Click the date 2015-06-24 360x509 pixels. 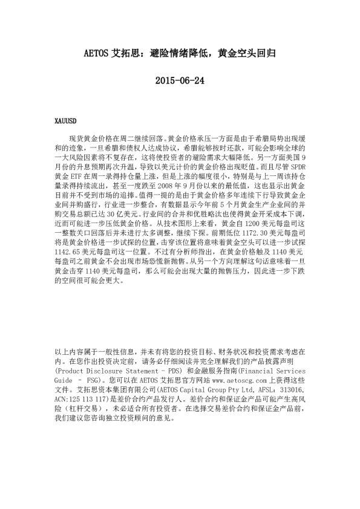pyautogui.click(x=180, y=80)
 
